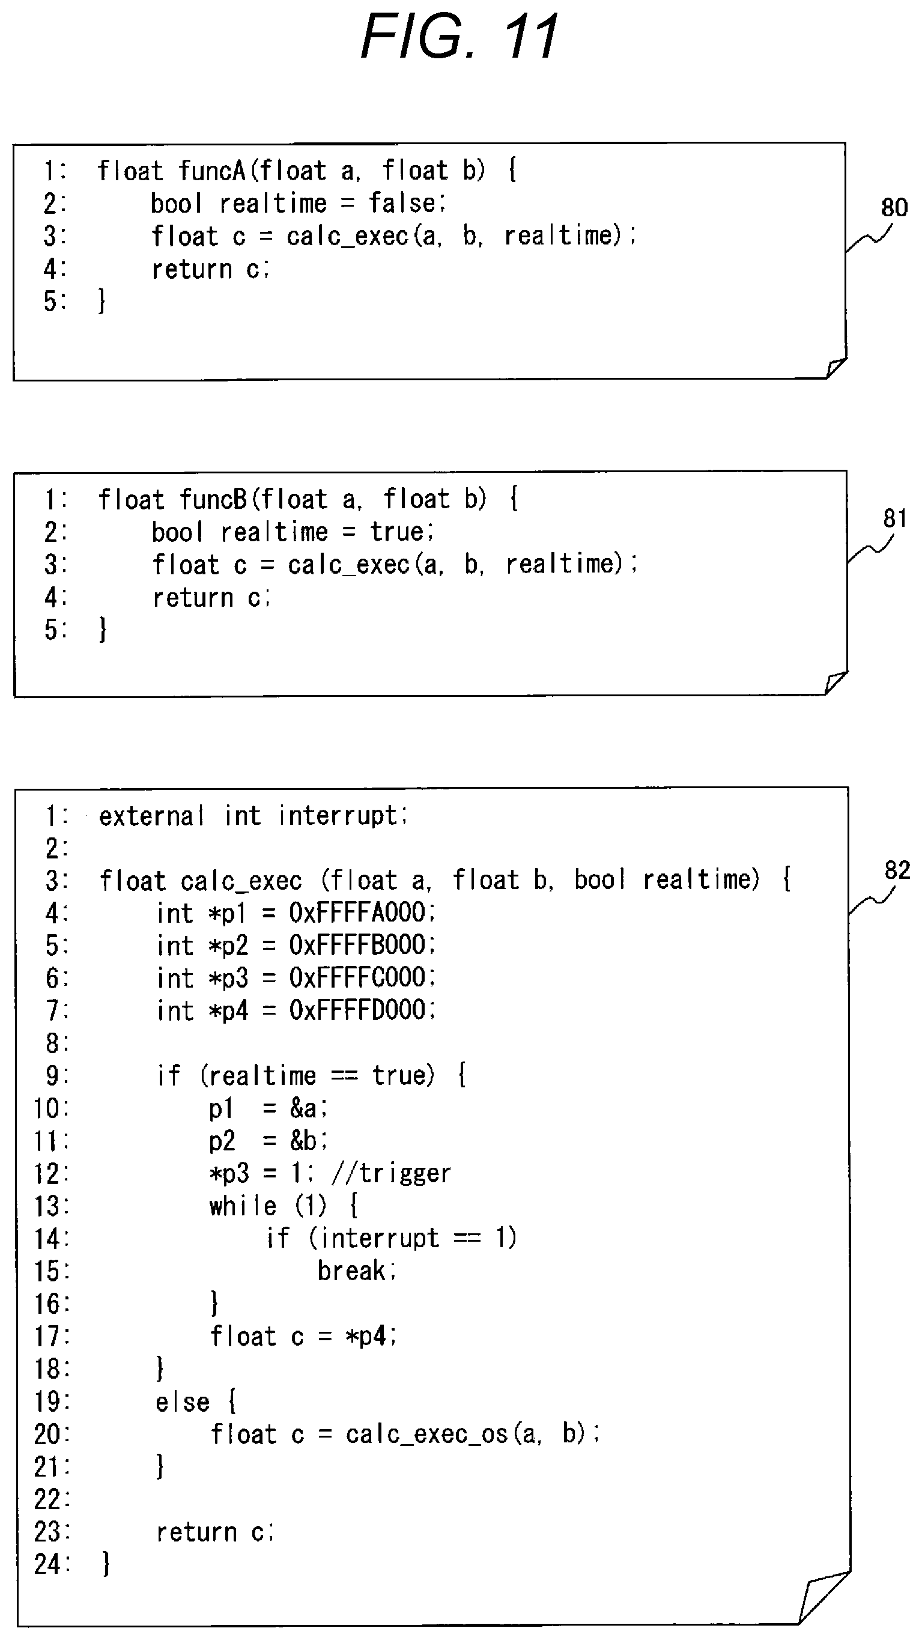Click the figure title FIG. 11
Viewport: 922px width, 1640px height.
[x=459, y=36]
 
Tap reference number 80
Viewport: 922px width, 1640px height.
[x=894, y=207]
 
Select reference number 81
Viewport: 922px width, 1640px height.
[x=894, y=518]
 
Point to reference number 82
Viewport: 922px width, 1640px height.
[x=897, y=870]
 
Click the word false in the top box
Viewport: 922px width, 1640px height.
[x=402, y=203]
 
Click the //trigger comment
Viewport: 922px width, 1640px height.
[x=391, y=1173]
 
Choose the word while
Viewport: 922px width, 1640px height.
[x=243, y=1205]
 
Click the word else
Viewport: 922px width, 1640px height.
[x=182, y=1402]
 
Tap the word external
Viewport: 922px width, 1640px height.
[x=151, y=816]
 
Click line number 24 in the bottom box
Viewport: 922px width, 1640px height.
[x=47, y=1564]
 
